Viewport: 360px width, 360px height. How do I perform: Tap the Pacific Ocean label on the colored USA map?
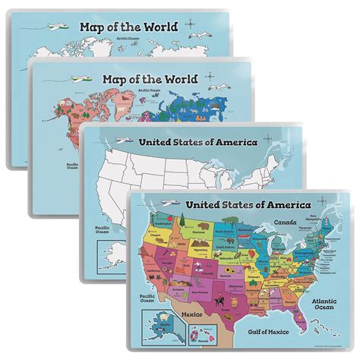click(x=145, y=291)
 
